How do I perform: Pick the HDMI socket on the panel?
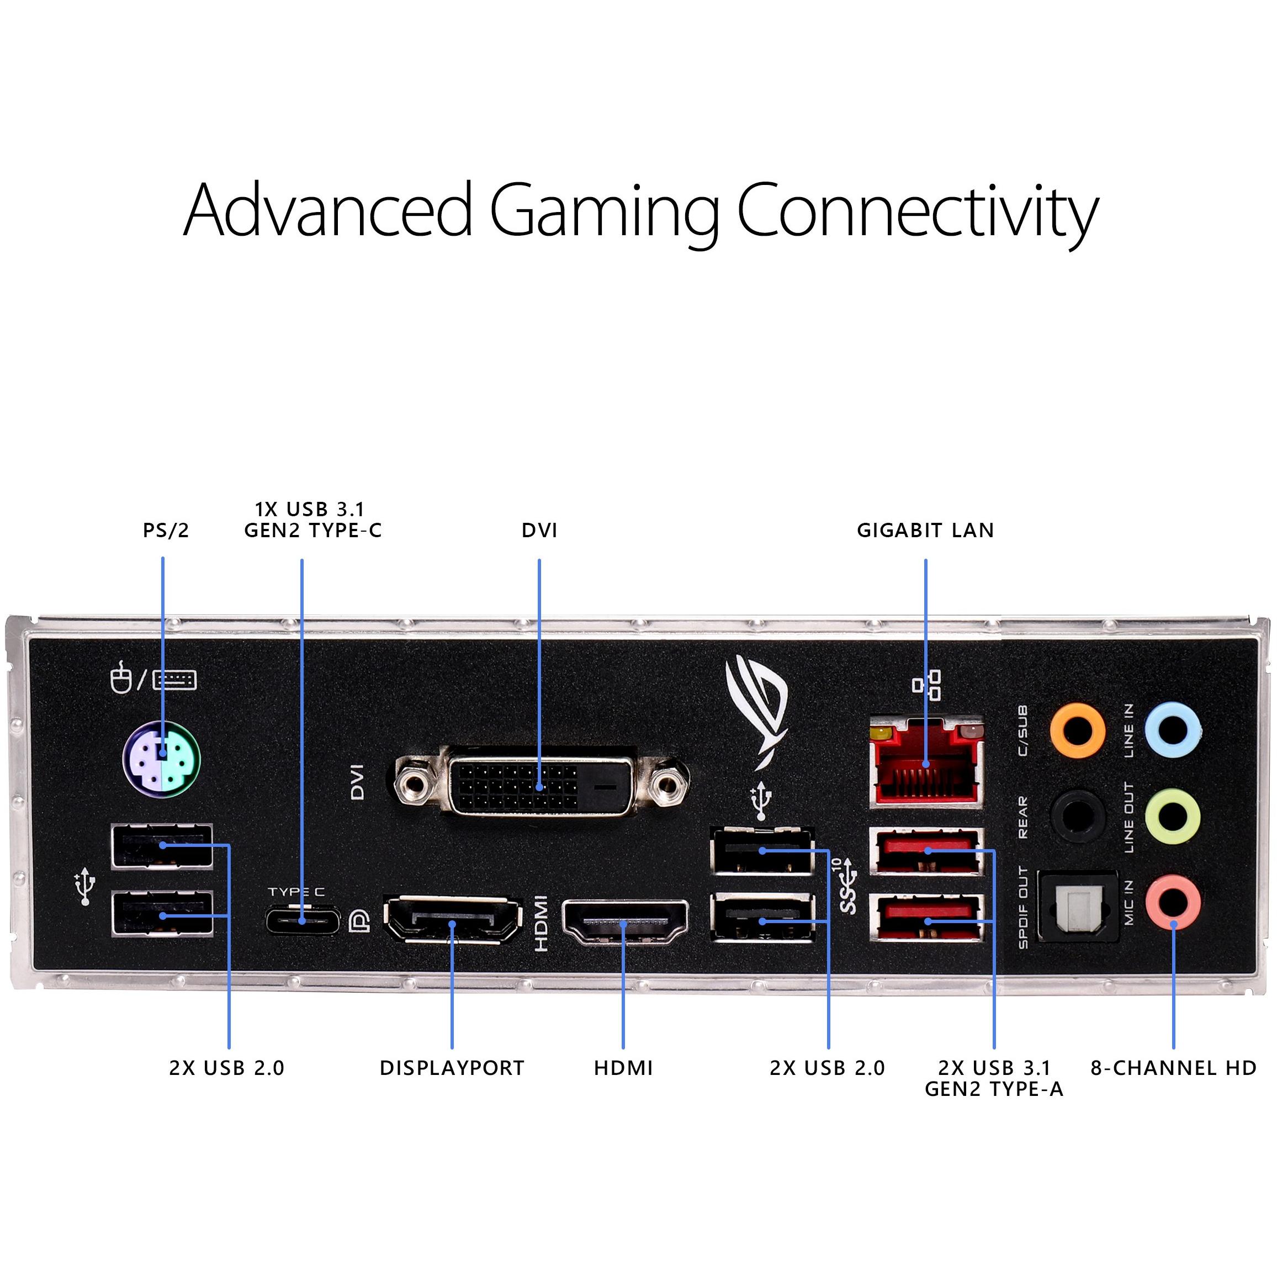pos(624,922)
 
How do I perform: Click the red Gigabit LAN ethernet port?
pos(926,763)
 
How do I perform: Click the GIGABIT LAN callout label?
pos(925,530)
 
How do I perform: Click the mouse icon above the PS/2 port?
pos(120,678)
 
